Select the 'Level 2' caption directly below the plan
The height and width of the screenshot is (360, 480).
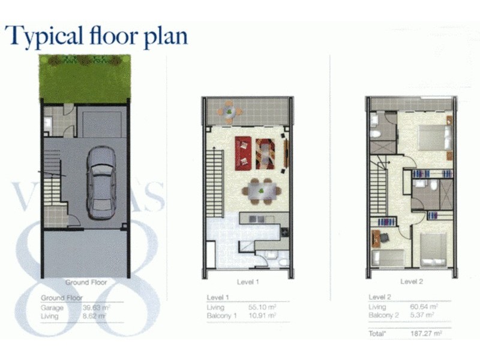pos(412,281)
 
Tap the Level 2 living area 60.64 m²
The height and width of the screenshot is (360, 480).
pos(424,307)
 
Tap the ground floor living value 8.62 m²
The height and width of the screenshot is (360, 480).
pos(97,316)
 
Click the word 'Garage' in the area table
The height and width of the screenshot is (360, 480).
pos(52,308)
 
